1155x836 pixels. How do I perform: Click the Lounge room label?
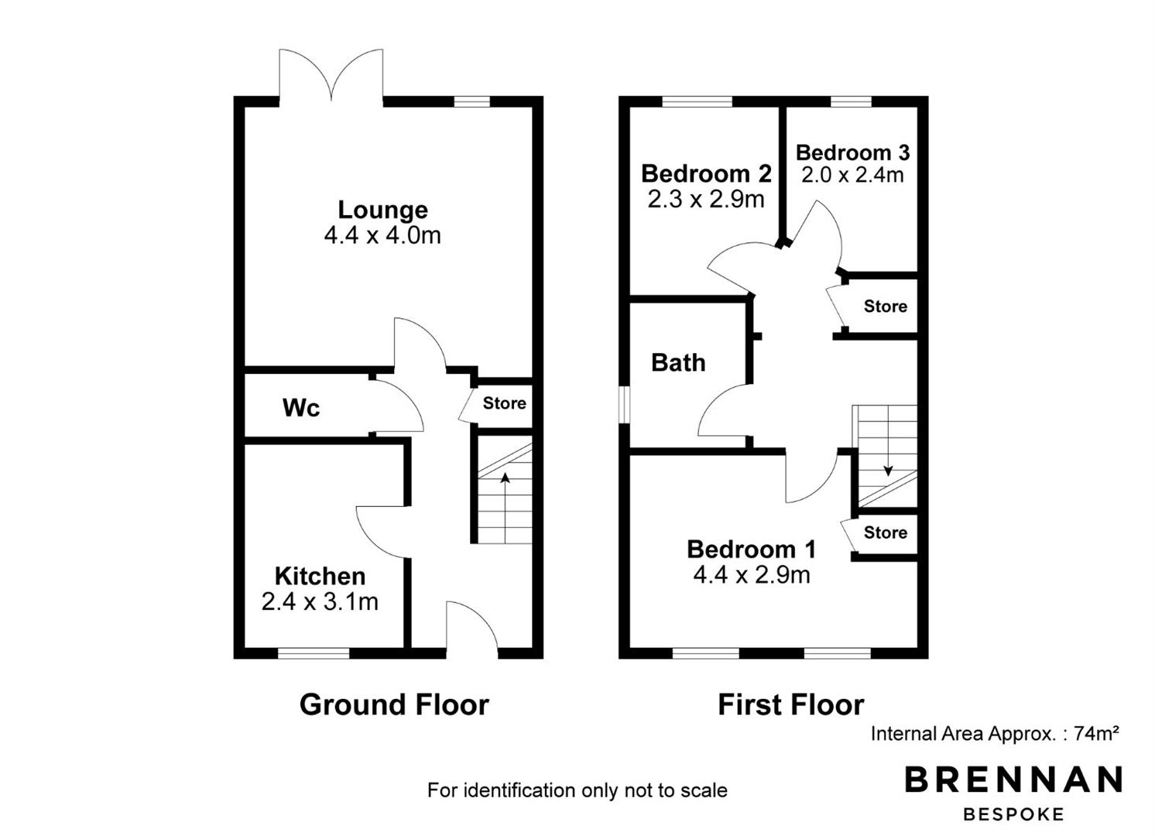pos(382,210)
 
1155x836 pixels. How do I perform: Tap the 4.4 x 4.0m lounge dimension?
pos(382,235)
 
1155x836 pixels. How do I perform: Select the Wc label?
pos(301,408)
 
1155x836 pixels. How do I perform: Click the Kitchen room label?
pos(320,576)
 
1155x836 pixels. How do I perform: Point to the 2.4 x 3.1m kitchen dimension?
pos(320,602)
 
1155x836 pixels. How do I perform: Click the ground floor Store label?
pos(504,403)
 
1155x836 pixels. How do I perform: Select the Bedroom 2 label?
pos(706,174)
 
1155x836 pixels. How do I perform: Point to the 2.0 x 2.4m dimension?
pos(852,176)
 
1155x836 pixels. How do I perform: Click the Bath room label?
pos(678,362)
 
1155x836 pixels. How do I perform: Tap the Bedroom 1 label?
pos(751,550)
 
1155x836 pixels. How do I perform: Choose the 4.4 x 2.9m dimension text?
pos(751,575)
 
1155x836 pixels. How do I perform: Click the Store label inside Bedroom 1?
pos(886,533)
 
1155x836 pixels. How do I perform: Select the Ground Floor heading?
pos(394,705)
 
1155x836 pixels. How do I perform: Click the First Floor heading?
pos(791,705)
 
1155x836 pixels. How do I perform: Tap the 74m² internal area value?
pos(1096,733)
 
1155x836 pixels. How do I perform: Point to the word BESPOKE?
pos(1013,814)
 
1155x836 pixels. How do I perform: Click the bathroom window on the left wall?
pos(624,405)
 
